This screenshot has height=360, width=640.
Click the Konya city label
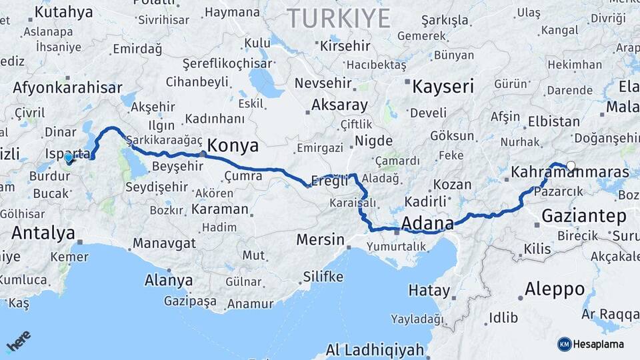[x=233, y=146]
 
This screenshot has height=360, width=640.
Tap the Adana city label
[x=427, y=223]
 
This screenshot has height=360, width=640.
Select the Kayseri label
[x=443, y=86]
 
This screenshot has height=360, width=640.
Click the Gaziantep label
[x=584, y=216]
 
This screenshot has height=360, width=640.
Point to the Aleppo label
[x=555, y=289]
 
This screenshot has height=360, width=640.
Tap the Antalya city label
[x=43, y=233]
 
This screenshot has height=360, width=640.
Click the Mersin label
[x=320, y=239]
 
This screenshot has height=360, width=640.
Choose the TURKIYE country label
[x=338, y=18]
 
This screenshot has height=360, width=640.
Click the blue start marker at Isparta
[x=69, y=159]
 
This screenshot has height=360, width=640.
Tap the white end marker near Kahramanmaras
[x=571, y=166]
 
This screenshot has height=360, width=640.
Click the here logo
[x=18, y=341]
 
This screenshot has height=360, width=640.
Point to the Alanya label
[x=169, y=280]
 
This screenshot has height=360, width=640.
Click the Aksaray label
[x=339, y=105]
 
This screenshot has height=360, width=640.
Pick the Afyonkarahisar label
[x=67, y=87]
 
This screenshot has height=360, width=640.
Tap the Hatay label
[x=429, y=290]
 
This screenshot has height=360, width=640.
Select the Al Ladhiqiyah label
[x=375, y=350]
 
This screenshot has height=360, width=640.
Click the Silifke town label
[x=323, y=277]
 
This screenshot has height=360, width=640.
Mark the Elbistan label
[x=553, y=122]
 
